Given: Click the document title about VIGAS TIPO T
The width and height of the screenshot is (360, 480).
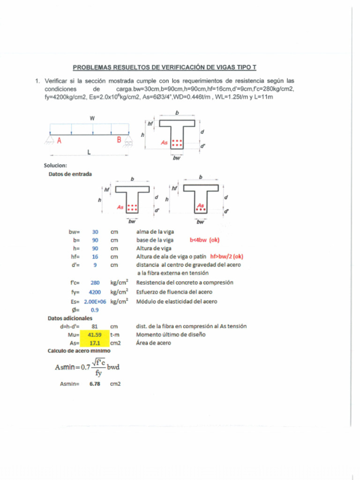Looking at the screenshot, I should [x=165, y=67].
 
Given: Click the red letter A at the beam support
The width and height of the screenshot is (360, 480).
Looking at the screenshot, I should [x=59, y=140].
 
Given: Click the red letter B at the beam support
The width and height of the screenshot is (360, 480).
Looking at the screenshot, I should [x=119, y=140].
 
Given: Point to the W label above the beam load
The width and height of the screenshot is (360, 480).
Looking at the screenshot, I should [x=92, y=119].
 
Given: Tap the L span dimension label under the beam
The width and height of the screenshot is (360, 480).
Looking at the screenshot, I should [x=89, y=152].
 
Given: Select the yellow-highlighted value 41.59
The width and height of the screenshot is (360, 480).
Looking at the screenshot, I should [x=95, y=335].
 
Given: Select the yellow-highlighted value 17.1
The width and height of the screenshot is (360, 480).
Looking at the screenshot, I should [x=95, y=343].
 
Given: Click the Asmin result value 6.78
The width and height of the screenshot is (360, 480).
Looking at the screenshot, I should [x=95, y=384].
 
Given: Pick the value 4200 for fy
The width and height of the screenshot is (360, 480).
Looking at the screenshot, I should [x=95, y=292].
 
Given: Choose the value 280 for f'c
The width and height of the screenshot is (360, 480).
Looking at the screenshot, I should [x=95, y=283].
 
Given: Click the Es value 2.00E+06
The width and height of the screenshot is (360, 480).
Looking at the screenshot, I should [x=94, y=301].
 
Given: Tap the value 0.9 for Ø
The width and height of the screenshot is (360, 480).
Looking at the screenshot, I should [x=95, y=310].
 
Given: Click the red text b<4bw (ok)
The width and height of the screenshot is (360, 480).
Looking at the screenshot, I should [x=204, y=240].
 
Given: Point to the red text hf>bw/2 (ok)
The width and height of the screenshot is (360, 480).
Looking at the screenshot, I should [x=227, y=256].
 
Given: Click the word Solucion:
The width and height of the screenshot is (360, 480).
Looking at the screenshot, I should [x=55, y=165].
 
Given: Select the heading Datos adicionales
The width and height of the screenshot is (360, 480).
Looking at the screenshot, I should [x=70, y=318].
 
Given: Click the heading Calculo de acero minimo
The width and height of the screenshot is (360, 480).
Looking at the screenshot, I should [x=79, y=351].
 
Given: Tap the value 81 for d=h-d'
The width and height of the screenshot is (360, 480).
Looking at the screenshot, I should [x=95, y=326].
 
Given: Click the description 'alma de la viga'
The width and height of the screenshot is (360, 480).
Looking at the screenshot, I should [x=155, y=232].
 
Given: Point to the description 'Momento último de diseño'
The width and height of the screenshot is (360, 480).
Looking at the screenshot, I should [x=171, y=335].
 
